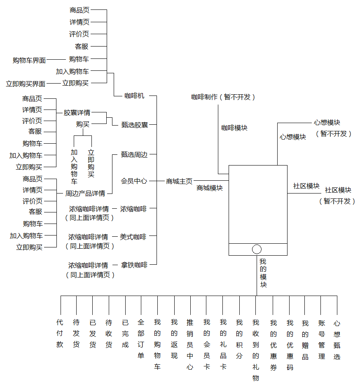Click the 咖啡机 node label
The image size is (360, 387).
[134, 96]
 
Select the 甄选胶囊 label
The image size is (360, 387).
[135, 124]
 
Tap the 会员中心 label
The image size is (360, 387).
[134, 181]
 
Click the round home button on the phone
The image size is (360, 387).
[257, 249]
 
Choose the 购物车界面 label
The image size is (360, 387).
[29, 61]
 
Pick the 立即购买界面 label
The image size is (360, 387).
[26, 84]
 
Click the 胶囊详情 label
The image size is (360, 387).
[77, 112]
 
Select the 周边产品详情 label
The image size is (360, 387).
[85, 193]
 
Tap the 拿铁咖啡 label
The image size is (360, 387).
[134, 265]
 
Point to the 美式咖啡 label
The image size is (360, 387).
[133, 237]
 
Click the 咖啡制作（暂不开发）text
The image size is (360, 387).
[223, 97]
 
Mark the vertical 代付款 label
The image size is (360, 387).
[60, 333]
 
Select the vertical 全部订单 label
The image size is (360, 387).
[141, 338]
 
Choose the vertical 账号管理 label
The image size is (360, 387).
[322, 339]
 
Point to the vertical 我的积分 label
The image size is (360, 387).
[239, 338]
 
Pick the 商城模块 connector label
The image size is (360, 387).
[210, 188]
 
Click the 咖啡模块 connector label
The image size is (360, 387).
[234, 128]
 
